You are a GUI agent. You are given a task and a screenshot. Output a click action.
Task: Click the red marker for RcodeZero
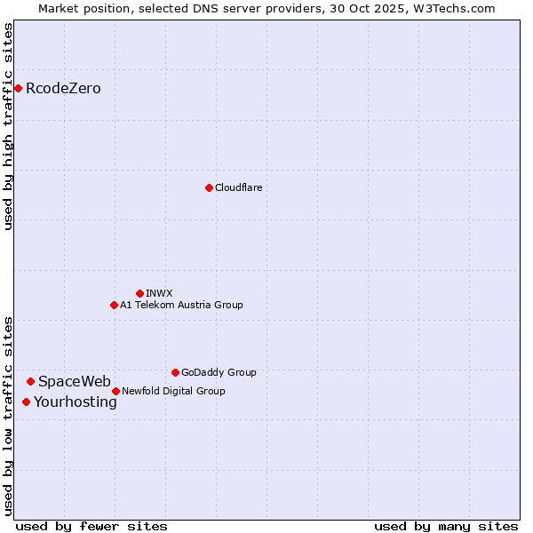(x=18, y=88)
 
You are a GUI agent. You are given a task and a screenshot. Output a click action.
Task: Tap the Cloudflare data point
(x=209, y=187)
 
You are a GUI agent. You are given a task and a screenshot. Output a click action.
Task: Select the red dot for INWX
(x=139, y=293)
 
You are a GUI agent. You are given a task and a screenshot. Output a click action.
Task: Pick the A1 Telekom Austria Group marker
(x=114, y=305)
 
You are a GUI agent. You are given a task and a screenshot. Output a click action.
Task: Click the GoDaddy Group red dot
(x=175, y=372)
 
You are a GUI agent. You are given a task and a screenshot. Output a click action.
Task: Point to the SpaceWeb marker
(x=30, y=381)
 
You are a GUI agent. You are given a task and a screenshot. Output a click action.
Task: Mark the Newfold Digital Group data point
(x=115, y=391)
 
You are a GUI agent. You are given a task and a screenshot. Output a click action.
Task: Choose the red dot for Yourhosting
(x=26, y=402)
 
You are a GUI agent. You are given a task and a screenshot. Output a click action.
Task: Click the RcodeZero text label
(x=63, y=88)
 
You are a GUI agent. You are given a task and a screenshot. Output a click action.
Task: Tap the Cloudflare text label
(x=238, y=187)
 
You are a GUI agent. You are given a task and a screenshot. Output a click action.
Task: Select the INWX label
(x=159, y=293)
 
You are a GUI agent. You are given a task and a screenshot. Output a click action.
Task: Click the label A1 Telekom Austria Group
(x=181, y=305)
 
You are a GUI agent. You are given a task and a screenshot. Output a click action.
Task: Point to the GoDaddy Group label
(x=219, y=372)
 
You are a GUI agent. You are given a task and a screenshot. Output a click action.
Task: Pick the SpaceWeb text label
(x=75, y=381)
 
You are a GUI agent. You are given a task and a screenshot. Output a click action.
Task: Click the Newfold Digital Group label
(x=173, y=391)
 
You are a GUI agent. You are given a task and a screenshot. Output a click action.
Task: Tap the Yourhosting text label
(x=76, y=402)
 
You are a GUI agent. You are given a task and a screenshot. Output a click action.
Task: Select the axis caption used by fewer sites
(x=91, y=526)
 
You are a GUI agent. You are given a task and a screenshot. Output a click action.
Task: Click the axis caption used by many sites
(x=446, y=526)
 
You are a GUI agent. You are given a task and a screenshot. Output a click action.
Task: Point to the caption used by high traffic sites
(x=8, y=126)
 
